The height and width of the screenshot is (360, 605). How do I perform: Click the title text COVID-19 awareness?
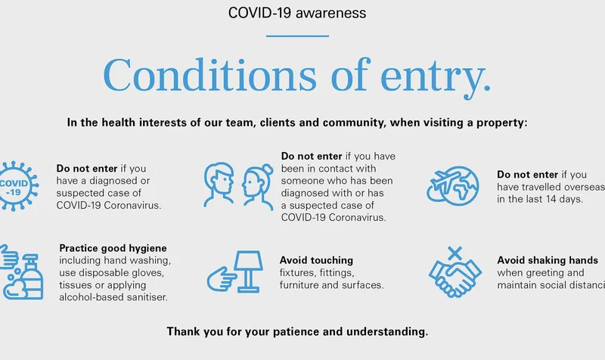[297, 13]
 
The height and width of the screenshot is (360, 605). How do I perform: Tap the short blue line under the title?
[297, 36]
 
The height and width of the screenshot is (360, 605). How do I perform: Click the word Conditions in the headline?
[209, 74]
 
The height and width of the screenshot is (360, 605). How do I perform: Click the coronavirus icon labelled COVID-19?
[15, 186]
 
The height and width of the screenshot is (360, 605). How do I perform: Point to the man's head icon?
[219, 185]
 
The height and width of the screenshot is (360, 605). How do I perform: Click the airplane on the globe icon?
[445, 181]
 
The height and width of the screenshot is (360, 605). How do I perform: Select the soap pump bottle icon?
[33, 277]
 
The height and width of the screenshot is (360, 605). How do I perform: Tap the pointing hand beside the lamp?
[222, 279]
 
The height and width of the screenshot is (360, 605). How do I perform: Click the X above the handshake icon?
[455, 253]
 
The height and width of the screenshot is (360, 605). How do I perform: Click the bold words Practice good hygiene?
[113, 248]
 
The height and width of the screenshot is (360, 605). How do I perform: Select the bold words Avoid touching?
[316, 260]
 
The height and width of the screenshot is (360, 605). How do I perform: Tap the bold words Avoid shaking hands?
[548, 260]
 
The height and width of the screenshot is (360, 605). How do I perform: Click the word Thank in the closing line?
[183, 332]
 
